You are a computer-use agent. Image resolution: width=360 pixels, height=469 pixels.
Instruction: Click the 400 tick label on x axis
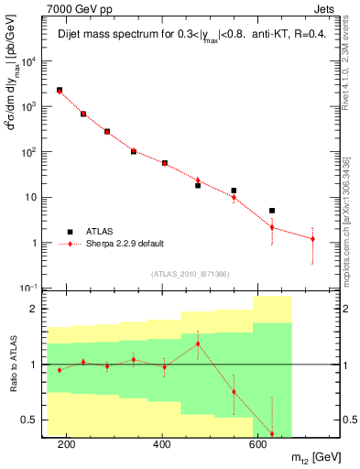[162, 444]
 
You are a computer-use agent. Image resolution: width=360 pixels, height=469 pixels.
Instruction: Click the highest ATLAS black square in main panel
[60, 91]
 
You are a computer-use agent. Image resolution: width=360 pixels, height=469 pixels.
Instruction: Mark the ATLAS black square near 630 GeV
[272, 211]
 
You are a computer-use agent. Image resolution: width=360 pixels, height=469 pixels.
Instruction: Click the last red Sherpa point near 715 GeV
[312, 239]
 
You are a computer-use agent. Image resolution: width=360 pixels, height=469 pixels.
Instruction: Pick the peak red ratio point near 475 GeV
[198, 344]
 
